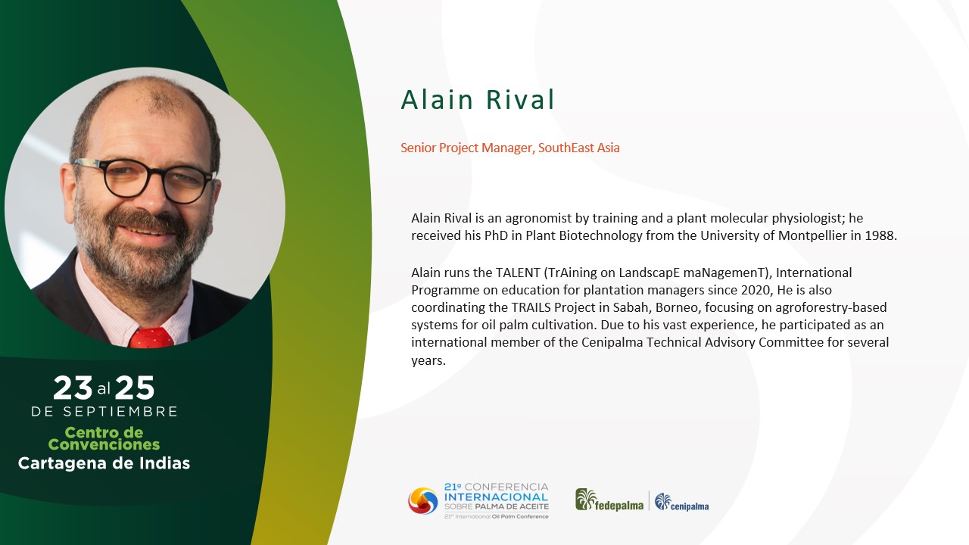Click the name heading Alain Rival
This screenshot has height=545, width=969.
pyautogui.click(x=478, y=99)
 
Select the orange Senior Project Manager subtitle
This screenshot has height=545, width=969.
pyautogui.click(x=510, y=148)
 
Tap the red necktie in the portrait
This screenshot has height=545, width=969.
pyautogui.click(x=151, y=338)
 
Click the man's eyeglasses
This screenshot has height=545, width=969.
pyautogui.click(x=145, y=179)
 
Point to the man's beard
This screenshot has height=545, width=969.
pyautogui.click(x=143, y=251)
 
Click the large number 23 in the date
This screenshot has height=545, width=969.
pyautogui.click(x=73, y=388)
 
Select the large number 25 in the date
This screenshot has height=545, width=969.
pyautogui.click(x=135, y=388)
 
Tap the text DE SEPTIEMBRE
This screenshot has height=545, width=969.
pyautogui.click(x=104, y=411)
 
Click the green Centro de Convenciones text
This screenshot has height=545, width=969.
pyautogui.click(x=104, y=438)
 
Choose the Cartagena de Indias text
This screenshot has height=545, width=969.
pyautogui.click(x=104, y=463)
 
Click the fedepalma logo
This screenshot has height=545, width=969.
pyautogui.click(x=609, y=500)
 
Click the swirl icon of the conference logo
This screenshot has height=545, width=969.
pyautogui.click(x=423, y=501)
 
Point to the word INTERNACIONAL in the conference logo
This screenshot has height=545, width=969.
pyautogui.click(x=496, y=497)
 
